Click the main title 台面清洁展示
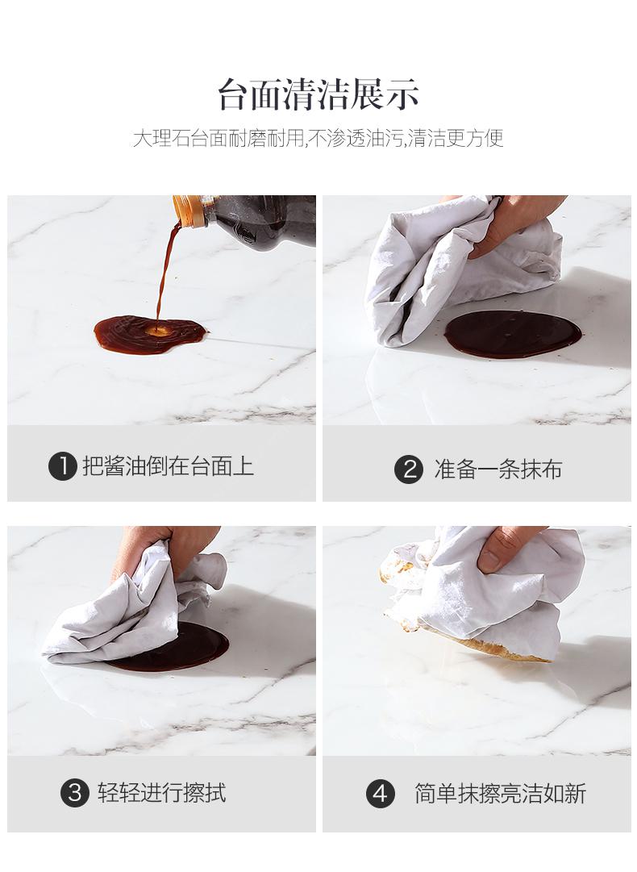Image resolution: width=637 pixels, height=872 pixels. [x=318, y=94]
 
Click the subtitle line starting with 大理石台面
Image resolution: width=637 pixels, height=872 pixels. [x=318, y=137]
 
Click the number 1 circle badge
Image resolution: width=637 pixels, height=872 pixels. [x=63, y=466]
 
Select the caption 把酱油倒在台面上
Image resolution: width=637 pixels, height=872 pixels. [x=168, y=466]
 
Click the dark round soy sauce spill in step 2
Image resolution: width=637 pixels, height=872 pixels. [x=513, y=334]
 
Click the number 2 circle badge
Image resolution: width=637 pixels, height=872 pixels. [x=409, y=469]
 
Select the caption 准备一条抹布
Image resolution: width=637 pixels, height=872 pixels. [x=498, y=469]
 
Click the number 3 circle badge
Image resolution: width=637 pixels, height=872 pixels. [x=75, y=792]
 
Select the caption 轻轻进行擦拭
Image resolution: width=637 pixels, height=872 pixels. [x=162, y=792]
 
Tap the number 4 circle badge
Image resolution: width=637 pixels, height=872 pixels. [x=381, y=794]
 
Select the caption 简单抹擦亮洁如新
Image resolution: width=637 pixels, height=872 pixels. [x=500, y=794]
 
